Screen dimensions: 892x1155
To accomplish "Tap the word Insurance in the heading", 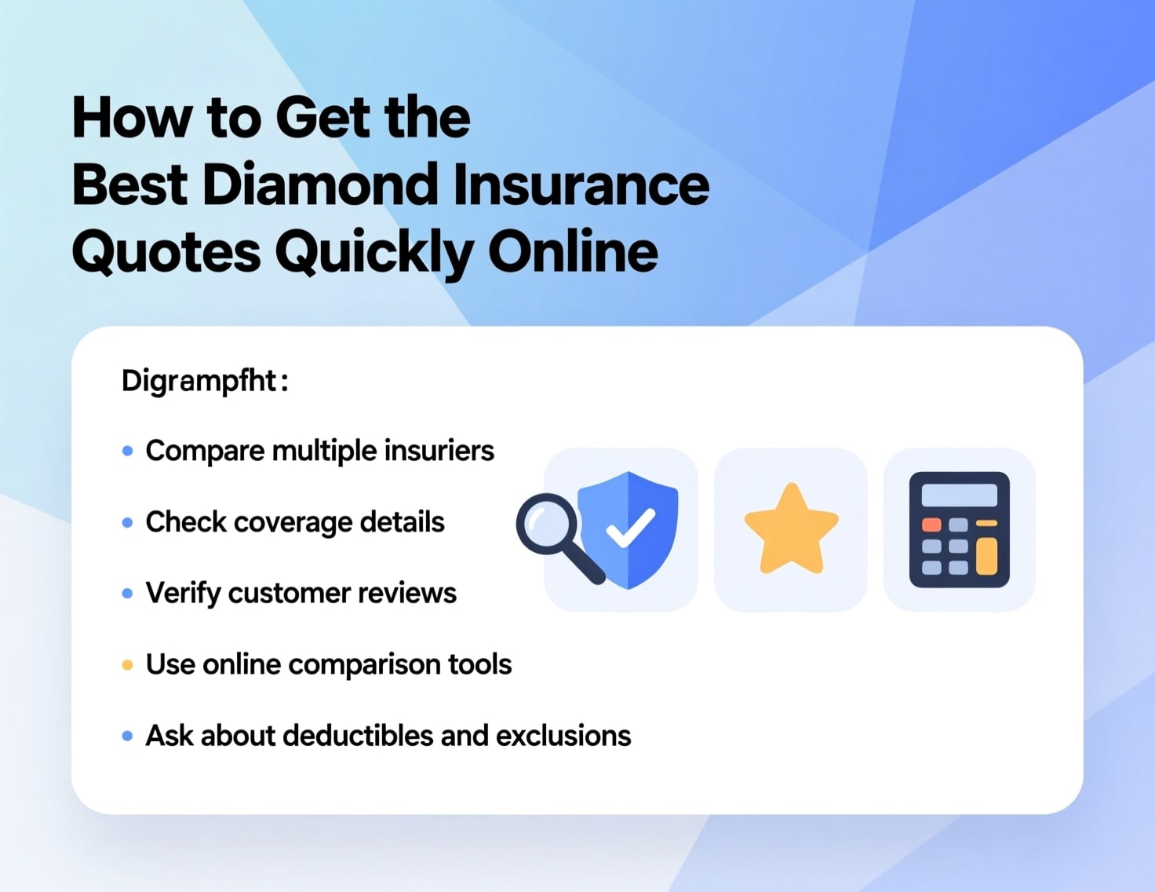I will click(581, 185).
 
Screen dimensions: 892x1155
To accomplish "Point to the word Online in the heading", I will click(573, 253).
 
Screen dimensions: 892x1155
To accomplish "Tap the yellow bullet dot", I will click(127, 666).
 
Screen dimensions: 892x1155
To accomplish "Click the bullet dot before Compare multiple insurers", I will click(127, 451).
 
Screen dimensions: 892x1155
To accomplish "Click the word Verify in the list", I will click(183, 594).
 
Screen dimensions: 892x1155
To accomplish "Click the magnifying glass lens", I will click(546, 523).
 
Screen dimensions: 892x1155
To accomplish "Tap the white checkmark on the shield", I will click(630, 528).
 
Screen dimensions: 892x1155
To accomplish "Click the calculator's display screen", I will click(959, 495).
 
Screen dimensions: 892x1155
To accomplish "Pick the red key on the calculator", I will click(931, 525).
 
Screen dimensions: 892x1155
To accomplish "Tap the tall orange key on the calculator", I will click(986, 557).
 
